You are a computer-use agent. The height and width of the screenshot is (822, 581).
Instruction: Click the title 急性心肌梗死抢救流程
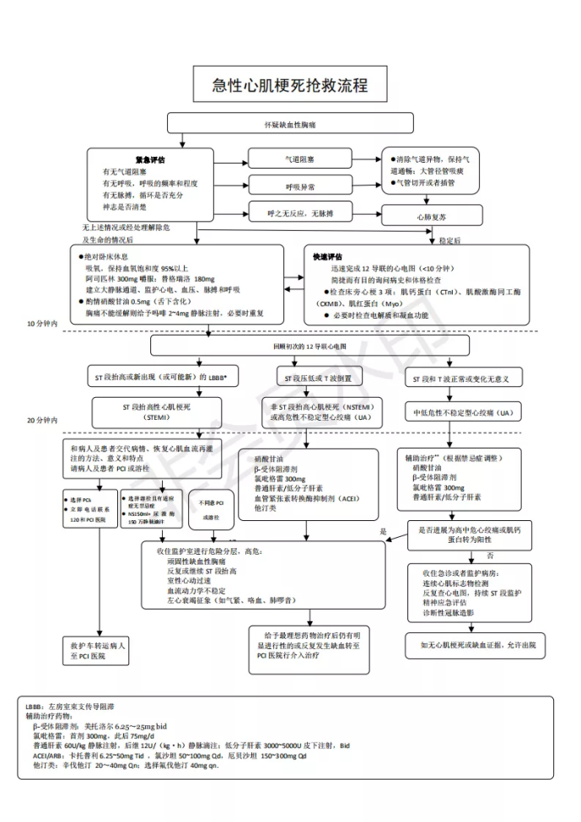click(290, 86)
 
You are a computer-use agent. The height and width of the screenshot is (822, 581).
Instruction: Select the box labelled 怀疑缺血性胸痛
click(290, 124)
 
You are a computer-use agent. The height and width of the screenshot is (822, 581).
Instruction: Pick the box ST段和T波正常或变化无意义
click(461, 379)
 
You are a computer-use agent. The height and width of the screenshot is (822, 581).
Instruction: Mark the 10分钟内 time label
click(43, 323)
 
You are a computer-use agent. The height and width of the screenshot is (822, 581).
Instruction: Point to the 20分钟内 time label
click(43, 419)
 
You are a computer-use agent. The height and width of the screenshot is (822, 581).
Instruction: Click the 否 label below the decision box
click(490, 556)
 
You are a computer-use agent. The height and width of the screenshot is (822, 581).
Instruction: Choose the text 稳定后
click(450, 239)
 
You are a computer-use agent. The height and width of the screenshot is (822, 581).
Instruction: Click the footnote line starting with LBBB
click(77, 704)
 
